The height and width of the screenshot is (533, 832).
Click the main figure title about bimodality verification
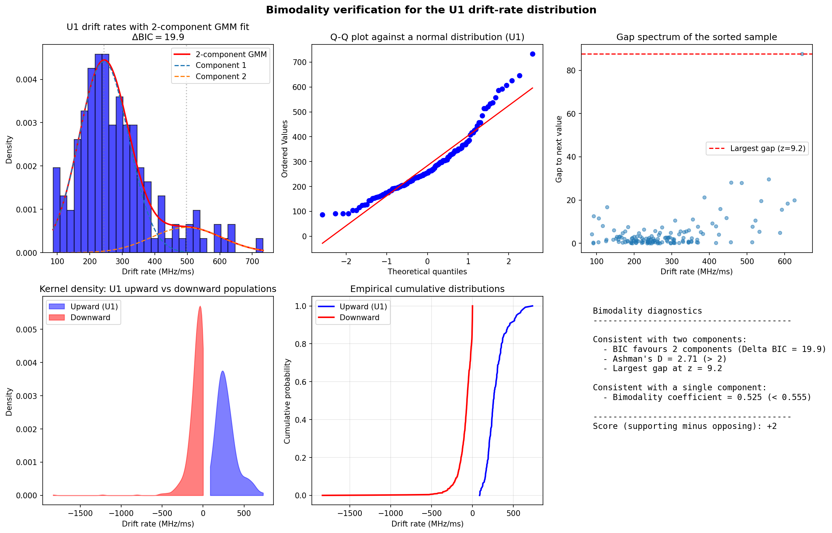coord(431,10)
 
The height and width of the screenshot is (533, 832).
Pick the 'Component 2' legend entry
coord(221,77)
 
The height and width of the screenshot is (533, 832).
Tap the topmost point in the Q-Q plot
coord(532,54)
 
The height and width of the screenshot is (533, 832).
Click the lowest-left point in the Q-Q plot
coord(322,215)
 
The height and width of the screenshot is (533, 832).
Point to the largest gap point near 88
coord(802,54)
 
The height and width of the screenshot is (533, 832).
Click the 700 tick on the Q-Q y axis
coord(299,62)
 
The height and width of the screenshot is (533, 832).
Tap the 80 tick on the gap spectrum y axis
coord(571,70)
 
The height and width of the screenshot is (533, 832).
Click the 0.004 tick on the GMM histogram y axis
coord(26,79)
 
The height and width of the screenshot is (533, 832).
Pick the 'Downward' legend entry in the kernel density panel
coord(90,318)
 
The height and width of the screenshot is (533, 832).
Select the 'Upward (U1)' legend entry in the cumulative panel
coord(363,307)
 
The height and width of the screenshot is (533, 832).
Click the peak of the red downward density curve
coord(200,307)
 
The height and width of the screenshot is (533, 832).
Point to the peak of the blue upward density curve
coord(222,371)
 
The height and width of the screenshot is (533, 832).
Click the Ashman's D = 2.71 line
coord(669,359)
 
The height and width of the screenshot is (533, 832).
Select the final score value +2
coord(772,426)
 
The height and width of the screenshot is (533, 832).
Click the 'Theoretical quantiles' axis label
coord(427,272)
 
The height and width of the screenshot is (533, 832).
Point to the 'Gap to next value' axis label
coord(559,149)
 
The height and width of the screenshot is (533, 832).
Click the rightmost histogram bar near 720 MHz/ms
coord(259,246)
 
